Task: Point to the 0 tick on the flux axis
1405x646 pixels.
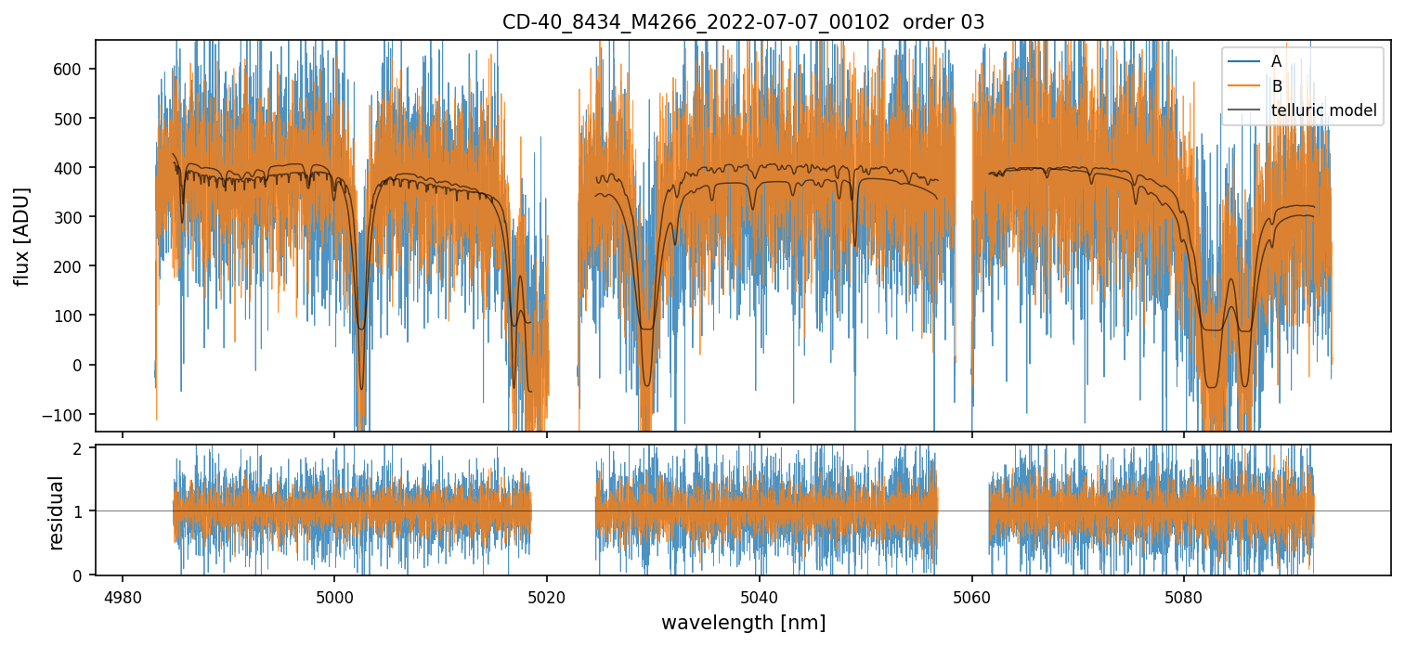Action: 85,365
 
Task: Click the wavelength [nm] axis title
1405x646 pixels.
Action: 743,622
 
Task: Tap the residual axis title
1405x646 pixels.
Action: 57,512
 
